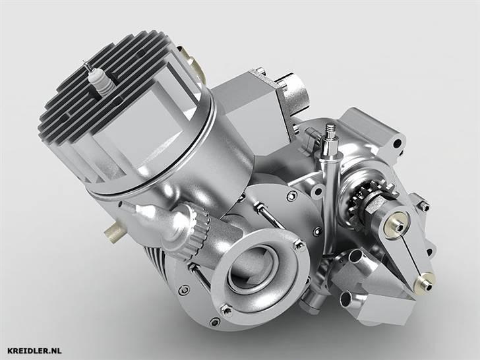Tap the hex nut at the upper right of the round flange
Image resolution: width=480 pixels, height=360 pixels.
point(299,245)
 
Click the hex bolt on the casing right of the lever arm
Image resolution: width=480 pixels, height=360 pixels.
point(423,207)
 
